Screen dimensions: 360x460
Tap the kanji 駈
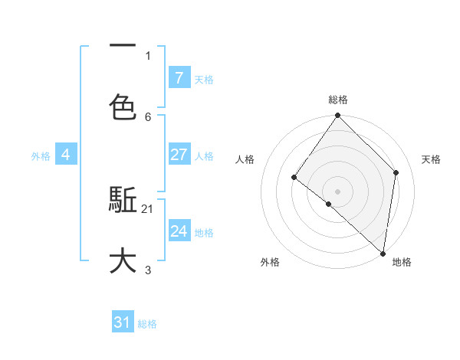[123, 201]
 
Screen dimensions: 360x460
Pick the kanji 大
[123, 260]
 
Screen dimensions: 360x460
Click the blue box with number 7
[179, 77]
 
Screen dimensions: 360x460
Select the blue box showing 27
[179, 155]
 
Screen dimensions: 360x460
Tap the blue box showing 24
[179, 231]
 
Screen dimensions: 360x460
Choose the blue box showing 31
[123, 322]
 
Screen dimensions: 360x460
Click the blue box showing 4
[66, 155]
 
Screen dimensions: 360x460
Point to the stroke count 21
[148, 208]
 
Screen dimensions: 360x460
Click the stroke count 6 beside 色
[148, 116]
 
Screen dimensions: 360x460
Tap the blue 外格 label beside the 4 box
[41, 155]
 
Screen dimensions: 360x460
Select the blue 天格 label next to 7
[204, 79]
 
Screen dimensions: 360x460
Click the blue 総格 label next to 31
[147, 324]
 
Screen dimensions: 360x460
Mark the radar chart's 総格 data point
[338, 116]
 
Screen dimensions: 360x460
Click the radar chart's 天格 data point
[396, 172]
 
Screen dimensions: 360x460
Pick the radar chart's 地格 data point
[383, 254]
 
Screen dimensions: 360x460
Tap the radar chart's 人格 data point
[294, 178]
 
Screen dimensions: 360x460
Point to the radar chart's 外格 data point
[328, 204]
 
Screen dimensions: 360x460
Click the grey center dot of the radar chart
[338, 191]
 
